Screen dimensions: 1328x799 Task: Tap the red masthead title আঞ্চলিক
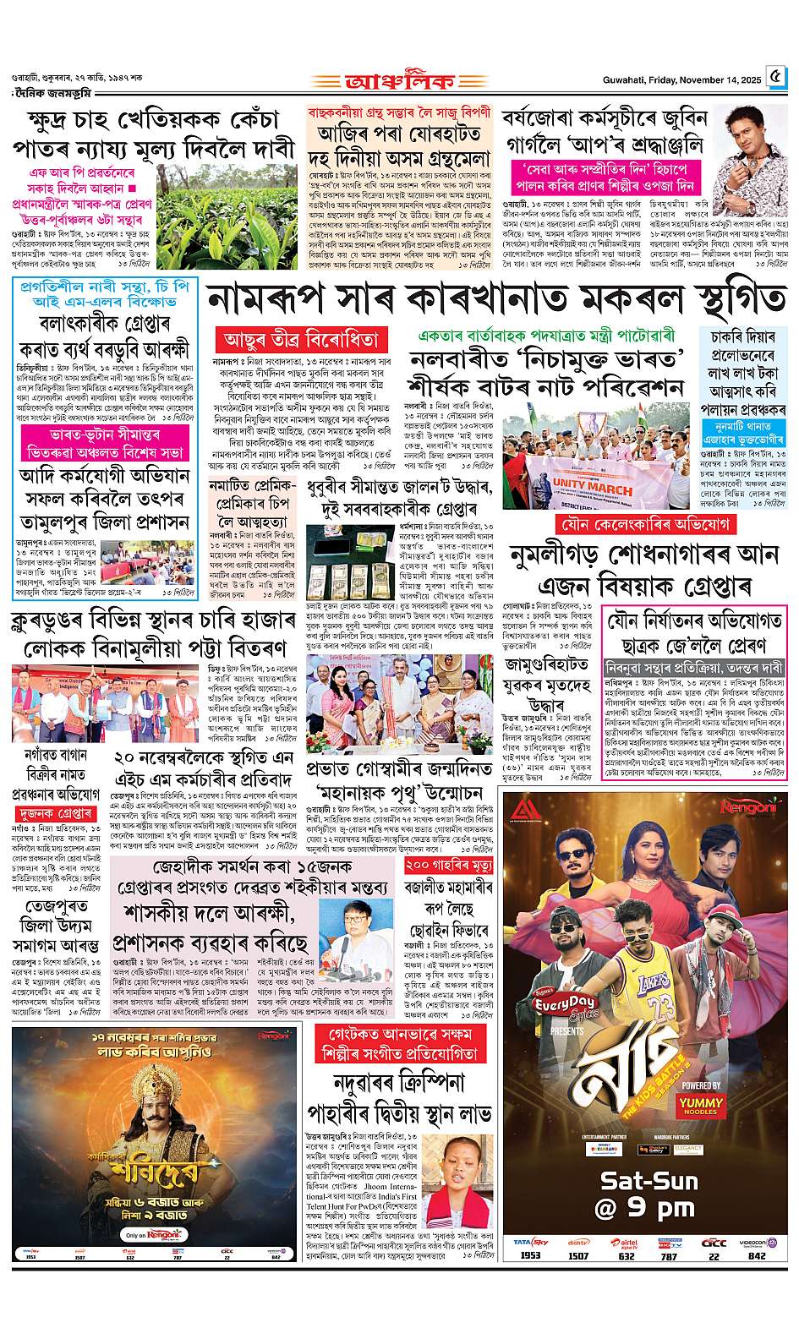400,81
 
